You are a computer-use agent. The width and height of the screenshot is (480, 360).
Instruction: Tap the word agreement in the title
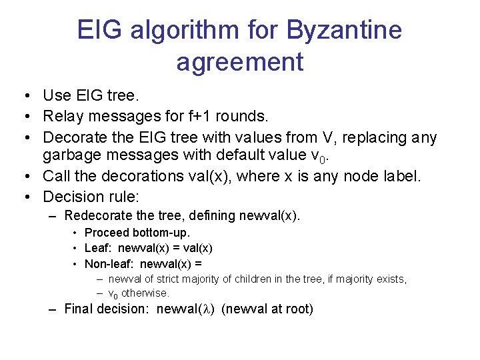pos(240,62)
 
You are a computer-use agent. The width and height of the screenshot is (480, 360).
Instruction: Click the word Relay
pos(62,117)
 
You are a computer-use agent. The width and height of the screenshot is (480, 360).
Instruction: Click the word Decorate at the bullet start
pos(74,138)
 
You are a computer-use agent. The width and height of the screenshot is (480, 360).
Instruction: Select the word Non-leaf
pos(108,264)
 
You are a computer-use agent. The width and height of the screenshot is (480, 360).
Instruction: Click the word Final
pos(79,309)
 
